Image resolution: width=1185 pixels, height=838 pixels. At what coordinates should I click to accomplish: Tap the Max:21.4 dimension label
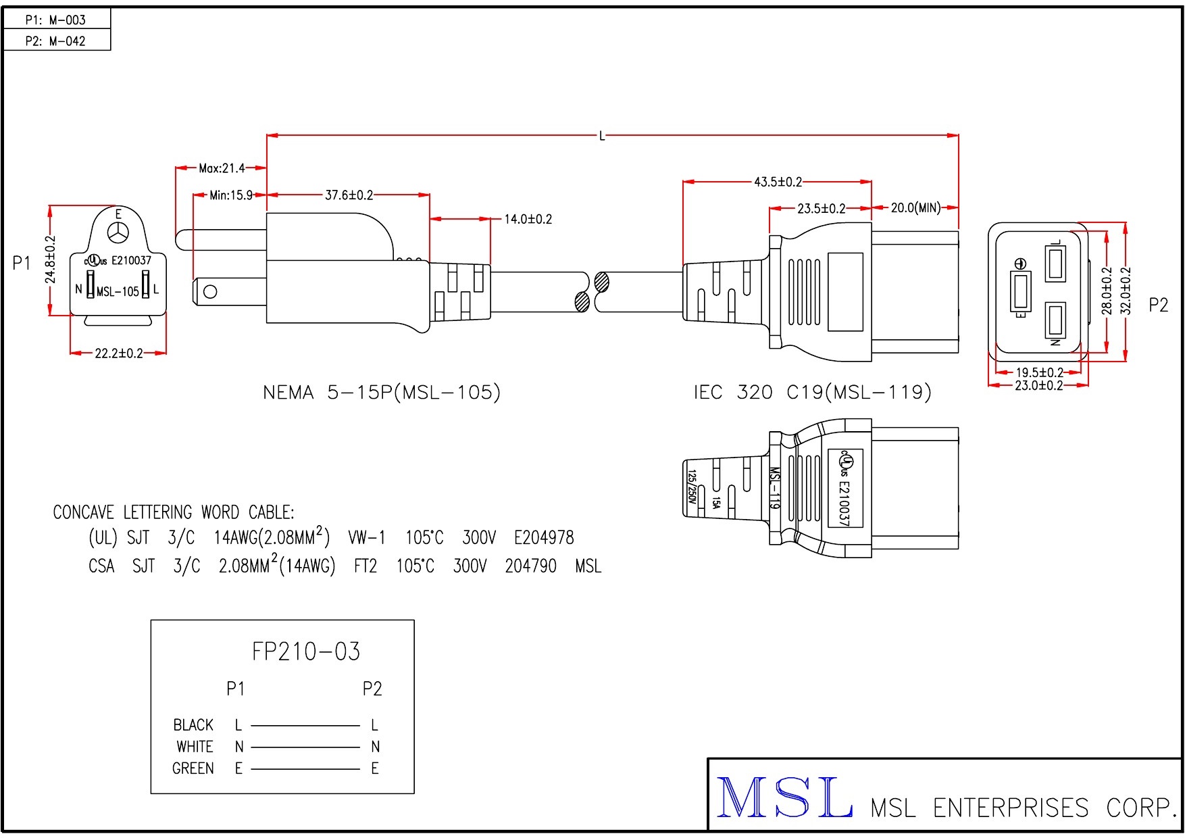(x=222, y=168)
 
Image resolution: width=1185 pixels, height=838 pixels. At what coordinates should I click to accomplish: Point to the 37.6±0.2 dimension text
(x=349, y=195)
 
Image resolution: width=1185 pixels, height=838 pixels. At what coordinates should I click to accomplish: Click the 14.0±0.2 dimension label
(x=528, y=219)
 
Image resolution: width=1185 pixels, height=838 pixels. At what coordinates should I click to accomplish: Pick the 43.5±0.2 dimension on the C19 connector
(x=778, y=182)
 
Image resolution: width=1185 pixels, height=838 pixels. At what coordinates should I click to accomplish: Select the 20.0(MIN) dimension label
(x=915, y=208)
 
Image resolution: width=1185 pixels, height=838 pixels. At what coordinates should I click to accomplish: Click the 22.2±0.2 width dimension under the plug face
(x=119, y=353)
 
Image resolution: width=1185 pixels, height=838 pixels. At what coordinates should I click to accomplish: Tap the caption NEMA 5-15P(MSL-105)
(x=382, y=393)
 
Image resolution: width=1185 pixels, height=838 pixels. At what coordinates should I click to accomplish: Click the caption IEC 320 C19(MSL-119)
(x=812, y=393)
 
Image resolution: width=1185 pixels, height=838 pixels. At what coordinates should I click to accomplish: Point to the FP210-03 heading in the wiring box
(x=306, y=651)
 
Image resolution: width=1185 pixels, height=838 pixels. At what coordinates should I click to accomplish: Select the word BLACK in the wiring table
(x=193, y=725)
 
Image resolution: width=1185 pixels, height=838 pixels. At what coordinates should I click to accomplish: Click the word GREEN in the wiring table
(x=193, y=768)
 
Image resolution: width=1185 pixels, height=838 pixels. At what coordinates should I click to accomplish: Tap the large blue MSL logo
(x=784, y=798)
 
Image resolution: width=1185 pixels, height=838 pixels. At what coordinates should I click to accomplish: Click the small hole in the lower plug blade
(x=210, y=292)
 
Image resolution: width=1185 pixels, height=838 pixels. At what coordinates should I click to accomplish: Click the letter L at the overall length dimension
(x=602, y=136)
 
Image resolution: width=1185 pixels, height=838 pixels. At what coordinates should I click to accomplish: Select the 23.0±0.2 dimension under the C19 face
(x=1038, y=386)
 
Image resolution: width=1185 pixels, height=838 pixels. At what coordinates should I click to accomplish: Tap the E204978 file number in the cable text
(x=544, y=538)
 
